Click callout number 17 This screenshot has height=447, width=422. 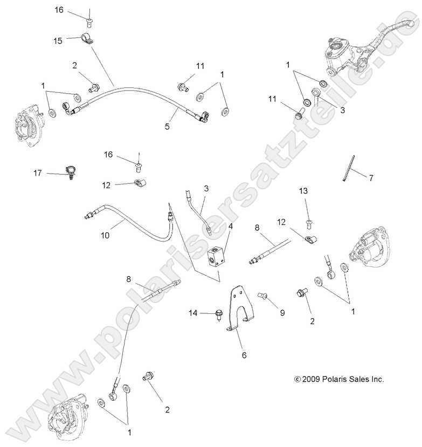38,173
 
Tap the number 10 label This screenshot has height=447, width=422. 105,236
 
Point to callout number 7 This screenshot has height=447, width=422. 370,177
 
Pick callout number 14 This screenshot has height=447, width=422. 192,313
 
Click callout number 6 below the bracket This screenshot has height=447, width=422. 244,356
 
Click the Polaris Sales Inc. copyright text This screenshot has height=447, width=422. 339,379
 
